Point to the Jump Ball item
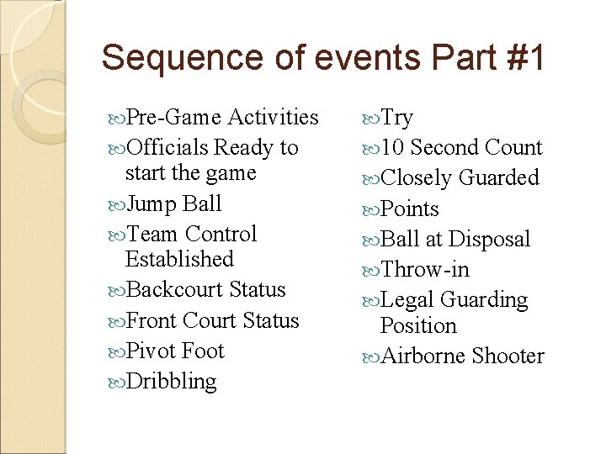173,203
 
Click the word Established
178,259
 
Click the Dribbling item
171,382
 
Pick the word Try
396,118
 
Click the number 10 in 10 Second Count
392,148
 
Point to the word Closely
417,178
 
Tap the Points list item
409,209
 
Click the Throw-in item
424,270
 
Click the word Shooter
508,356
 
